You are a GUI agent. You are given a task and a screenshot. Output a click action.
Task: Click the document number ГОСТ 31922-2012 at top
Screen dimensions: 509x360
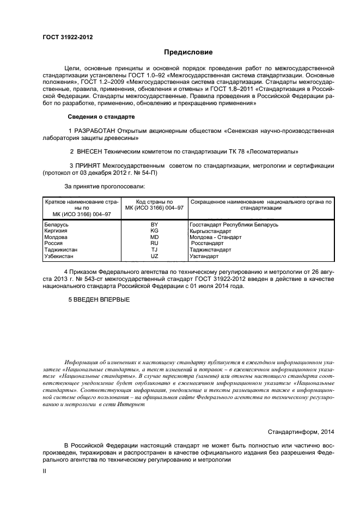67,37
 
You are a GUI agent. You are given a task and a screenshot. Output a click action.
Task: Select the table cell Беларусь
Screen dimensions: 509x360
56,224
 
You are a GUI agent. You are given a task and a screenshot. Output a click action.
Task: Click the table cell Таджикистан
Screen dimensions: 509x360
61,250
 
